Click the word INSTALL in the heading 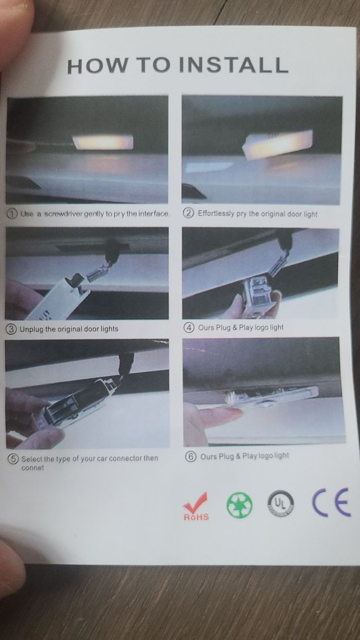tap(233, 65)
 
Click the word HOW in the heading tap(97, 66)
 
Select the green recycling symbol tap(240, 505)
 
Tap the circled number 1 tap(12, 214)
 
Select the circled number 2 tap(190, 213)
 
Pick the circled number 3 tap(11, 329)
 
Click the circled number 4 tap(189, 327)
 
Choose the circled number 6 tap(191, 456)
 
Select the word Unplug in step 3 tap(32, 329)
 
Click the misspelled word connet tap(32, 468)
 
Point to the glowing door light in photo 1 tap(103, 142)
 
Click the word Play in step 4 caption tap(246, 327)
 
